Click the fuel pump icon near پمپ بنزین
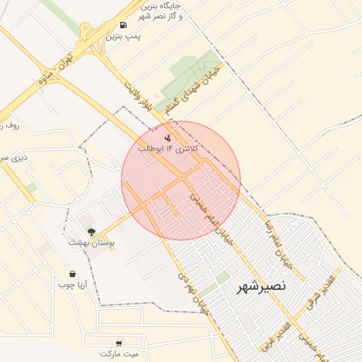click(123, 25)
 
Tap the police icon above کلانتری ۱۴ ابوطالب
click(167, 138)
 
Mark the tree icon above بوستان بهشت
click(90, 231)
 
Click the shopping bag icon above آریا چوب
click(72, 274)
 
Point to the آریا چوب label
click(72, 285)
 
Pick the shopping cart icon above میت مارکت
click(118, 343)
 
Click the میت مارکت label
click(119, 353)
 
